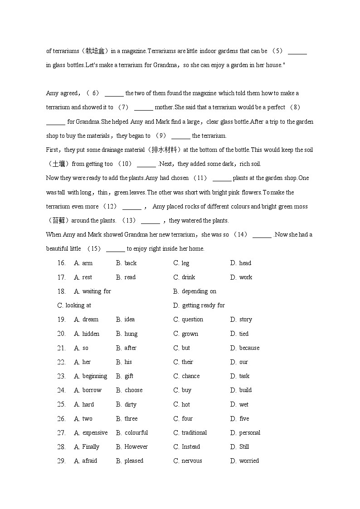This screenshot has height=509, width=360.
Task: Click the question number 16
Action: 61,263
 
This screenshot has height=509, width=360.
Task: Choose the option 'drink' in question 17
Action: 188,277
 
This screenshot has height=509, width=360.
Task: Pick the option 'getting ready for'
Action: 203,305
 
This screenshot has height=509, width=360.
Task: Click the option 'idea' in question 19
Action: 129,320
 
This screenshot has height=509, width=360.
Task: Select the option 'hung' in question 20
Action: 131,334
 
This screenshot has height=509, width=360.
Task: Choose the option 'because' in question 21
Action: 249,348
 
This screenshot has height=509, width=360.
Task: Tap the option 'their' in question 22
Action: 187,362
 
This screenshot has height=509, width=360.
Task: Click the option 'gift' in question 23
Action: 129,376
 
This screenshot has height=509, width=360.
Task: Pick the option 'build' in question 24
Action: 245,390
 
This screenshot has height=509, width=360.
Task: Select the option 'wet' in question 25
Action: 243,405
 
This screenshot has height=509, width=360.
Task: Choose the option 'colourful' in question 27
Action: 136,433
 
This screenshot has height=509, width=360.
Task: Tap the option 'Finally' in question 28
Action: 91,447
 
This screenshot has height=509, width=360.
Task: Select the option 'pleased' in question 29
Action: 134,461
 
